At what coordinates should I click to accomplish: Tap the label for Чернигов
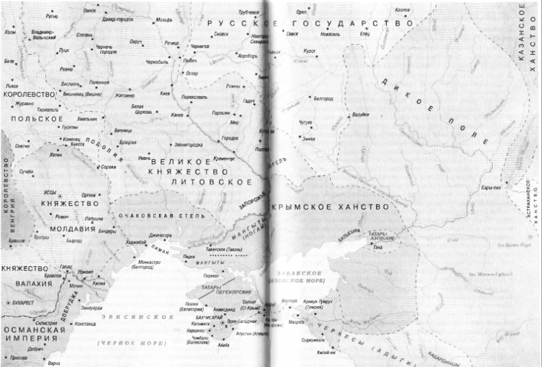[x=200, y=45]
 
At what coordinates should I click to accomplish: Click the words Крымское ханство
[x=331, y=206]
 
